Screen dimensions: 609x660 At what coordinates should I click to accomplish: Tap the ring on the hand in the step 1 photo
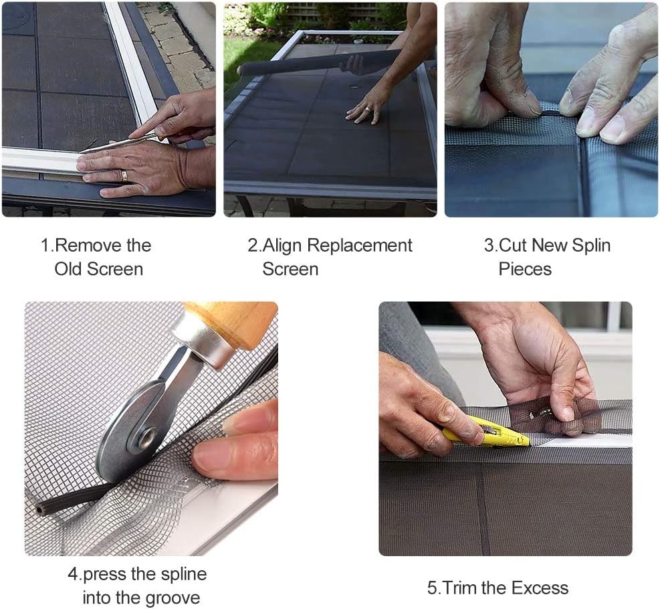pyautogui.click(x=124, y=175)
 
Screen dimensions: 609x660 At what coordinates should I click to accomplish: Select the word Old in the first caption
pyautogui.click(x=70, y=269)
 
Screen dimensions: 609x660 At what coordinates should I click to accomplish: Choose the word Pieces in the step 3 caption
pyautogui.click(x=525, y=269)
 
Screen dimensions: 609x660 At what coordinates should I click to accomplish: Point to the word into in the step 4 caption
pyautogui.click(x=98, y=598)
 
